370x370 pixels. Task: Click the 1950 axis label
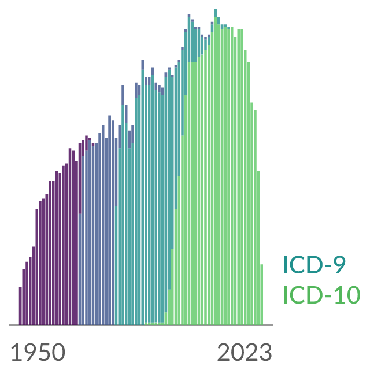(38, 352)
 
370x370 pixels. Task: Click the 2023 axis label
(245, 352)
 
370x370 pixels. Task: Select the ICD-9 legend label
(314, 265)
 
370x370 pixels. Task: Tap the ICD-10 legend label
(322, 294)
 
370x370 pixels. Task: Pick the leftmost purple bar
(20, 306)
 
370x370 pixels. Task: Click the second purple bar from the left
(24, 297)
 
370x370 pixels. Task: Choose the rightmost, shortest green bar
(262, 294)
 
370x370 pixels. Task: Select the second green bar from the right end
(258, 248)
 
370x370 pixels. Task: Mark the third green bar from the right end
(255, 217)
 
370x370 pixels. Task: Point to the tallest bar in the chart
(216, 167)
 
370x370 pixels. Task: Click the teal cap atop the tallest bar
(216, 13)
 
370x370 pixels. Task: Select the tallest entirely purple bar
(70, 236)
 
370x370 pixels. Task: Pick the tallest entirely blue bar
(110, 220)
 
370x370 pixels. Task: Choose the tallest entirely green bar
(232, 176)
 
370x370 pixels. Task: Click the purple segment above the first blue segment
(80, 179)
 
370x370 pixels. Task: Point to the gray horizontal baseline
(141, 325)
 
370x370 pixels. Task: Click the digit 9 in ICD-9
(339, 265)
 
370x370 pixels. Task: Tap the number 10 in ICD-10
(347, 294)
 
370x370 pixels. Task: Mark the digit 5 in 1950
(45, 352)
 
